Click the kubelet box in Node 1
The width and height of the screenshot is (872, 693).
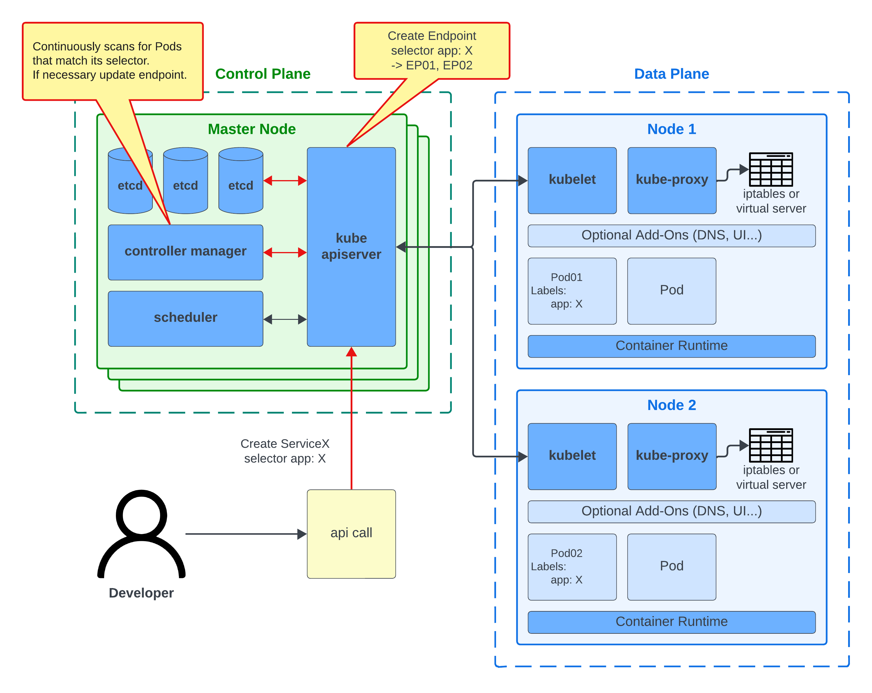[572, 180]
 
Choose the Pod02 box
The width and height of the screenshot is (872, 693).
[572, 567]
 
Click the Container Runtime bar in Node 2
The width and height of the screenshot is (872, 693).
[671, 622]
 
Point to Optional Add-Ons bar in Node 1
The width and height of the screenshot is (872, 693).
[671, 235]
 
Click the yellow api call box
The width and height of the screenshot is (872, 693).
[351, 534]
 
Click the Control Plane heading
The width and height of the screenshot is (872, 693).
[262, 74]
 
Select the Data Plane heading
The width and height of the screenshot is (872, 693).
[671, 74]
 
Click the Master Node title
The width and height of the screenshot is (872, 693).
[252, 129]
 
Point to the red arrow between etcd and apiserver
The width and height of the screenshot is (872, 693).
[285, 181]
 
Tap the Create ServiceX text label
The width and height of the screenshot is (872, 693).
[285, 451]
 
